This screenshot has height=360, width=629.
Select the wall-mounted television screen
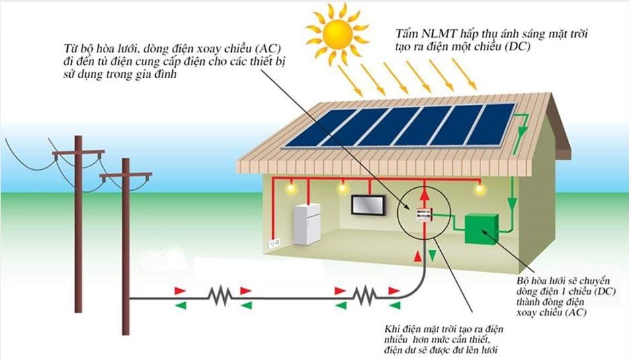click(368, 204)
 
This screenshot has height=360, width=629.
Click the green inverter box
click(482, 229)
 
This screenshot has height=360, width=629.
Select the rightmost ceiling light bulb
click(479, 191)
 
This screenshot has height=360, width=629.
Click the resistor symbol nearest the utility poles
click(219, 296)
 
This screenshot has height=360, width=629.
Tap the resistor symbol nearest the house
click(364, 296)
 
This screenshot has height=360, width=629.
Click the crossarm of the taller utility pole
click(78, 152)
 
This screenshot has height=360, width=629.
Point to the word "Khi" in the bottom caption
click(392, 328)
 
